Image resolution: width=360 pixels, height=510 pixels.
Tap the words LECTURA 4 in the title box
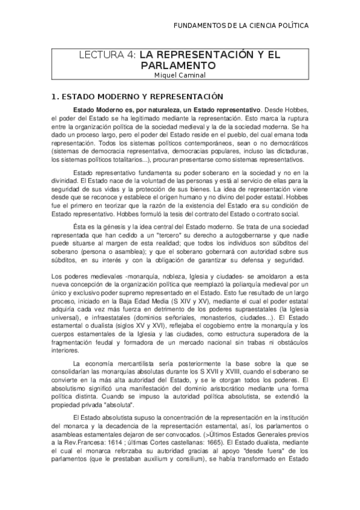(x=109, y=55)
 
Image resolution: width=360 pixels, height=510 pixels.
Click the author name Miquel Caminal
(x=180, y=75)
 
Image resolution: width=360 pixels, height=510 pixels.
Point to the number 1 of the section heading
(x=54, y=96)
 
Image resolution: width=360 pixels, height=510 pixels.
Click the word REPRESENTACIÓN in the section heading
(x=191, y=96)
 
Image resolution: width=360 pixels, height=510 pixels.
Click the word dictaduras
(x=289, y=153)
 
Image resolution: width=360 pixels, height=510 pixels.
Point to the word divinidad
(x=64, y=181)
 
